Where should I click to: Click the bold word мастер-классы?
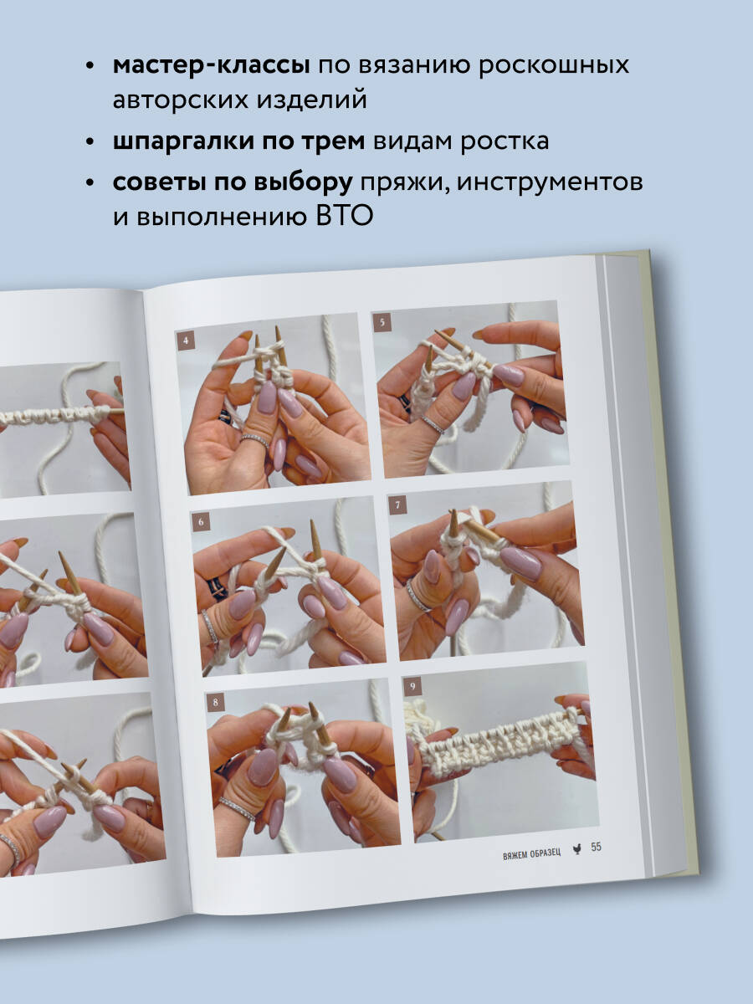pyautogui.click(x=212, y=66)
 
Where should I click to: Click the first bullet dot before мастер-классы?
pyautogui.click(x=90, y=67)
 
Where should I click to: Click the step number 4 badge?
pyautogui.click(x=185, y=341)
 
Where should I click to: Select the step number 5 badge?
pyautogui.click(x=382, y=322)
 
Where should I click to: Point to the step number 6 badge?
pyautogui.click(x=201, y=522)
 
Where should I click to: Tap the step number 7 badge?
pyautogui.click(x=397, y=505)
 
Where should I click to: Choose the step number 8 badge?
pyautogui.click(x=215, y=702)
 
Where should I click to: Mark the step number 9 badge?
pyautogui.click(x=412, y=686)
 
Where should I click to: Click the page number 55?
pyautogui.click(x=597, y=847)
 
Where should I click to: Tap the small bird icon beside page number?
pyautogui.click(x=577, y=850)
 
